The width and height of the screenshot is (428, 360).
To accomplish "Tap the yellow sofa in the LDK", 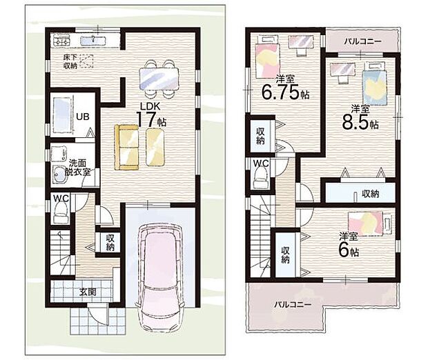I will pyautogui.click(x=126, y=146).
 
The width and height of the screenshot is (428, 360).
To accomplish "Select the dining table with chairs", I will pyautogui.click(x=159, y=77).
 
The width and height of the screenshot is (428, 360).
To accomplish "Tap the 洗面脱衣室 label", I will pyautogui.click(x=79, y=167).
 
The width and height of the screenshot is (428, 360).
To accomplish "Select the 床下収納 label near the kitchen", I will pyautogui.click(x=70, y=61).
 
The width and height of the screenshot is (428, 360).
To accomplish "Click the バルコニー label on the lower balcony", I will pyautogui.click(x=291, y=304).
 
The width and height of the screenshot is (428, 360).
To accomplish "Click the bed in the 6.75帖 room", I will pyautogui.click(x=264, y=60).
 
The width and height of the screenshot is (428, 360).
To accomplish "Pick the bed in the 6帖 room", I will pyautogui.click(x=367, y=223).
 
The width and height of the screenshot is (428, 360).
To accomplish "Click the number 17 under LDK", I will pyautogui.click(x=146, y=119).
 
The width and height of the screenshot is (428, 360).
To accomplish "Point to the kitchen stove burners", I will pyautogui.click(x=59, y=39).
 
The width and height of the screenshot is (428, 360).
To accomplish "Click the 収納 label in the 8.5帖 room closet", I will pyautogui.click(x=369, y=194).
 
